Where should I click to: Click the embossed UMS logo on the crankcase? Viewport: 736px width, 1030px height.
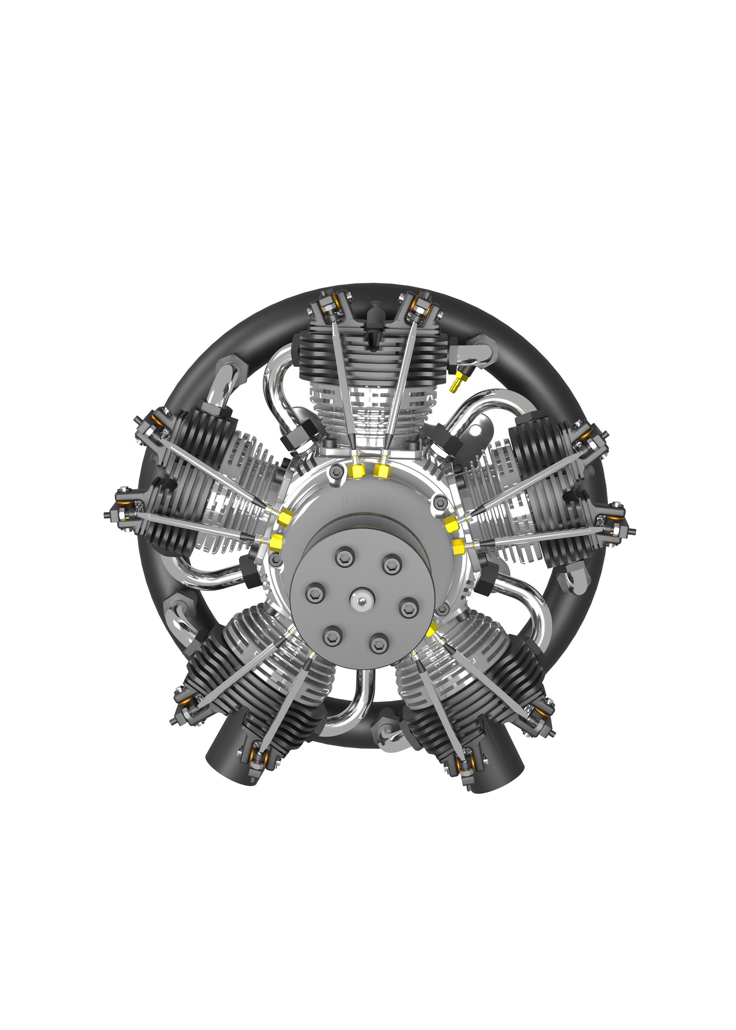(368, 501)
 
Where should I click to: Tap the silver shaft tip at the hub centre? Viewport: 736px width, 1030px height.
(362, 601)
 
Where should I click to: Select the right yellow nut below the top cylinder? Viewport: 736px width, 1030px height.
(381, 471)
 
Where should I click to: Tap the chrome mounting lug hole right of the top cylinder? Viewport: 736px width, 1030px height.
(475, 428)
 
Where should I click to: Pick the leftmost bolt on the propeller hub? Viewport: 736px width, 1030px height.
(315, 593)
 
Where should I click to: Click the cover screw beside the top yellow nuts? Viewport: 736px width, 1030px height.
(336, 472)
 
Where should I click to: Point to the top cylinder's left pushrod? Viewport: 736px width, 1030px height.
(342, 385)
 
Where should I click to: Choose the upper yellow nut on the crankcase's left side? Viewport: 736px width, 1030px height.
(286, 516)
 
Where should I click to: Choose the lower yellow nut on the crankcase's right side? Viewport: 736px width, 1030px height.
(458, 548)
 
